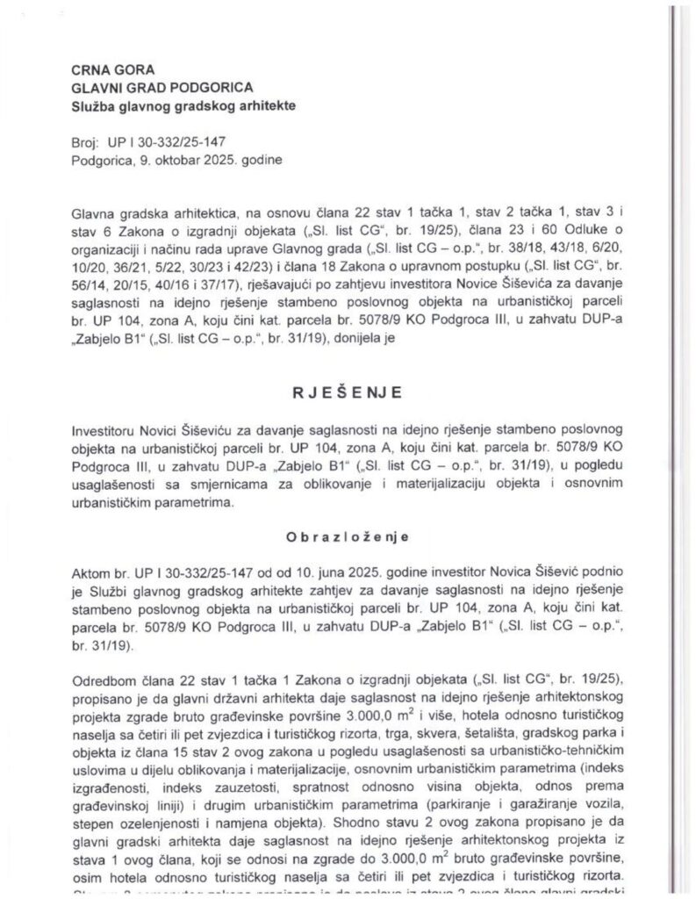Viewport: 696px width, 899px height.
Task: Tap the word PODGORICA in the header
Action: (x=213, y=88)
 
